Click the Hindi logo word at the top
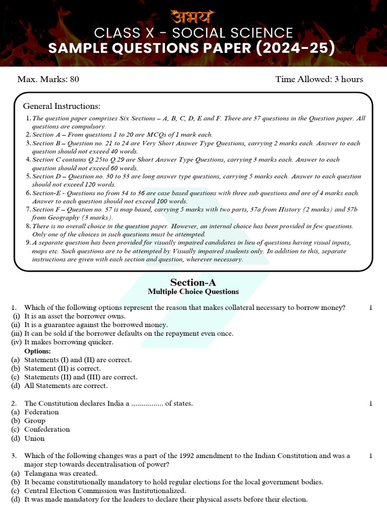point(193,15)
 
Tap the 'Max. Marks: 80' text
point(48,79)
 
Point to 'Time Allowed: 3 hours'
point(319,79)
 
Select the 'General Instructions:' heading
point(61,106)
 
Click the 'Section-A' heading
point(193,282)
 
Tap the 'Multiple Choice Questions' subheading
point(193,292)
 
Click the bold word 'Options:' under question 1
point(37,351)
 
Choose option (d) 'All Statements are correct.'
point(66,386)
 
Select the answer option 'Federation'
point(41,412)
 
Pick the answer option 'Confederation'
point(47,429)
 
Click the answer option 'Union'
point(34,438)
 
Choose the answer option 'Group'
point(35,421)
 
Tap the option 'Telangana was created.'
point(60,474)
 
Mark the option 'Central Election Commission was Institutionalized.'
point(105,491)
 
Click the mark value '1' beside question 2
point(370,404)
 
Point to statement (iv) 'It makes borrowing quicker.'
point(69,342)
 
